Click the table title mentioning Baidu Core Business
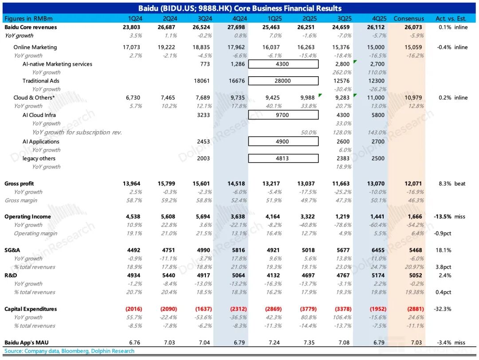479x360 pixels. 239,8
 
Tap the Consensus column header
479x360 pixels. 408,19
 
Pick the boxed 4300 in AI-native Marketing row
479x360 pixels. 283,64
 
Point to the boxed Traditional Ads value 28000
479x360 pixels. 283,81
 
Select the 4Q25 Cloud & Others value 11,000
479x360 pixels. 376,98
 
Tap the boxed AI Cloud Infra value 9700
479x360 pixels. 283,115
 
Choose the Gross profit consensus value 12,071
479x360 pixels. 413,184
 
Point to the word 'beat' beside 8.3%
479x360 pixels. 459,184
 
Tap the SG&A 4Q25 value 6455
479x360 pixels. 378,250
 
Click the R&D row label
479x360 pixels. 11,275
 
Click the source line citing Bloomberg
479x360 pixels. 69,351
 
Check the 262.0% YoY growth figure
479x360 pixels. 343,72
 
